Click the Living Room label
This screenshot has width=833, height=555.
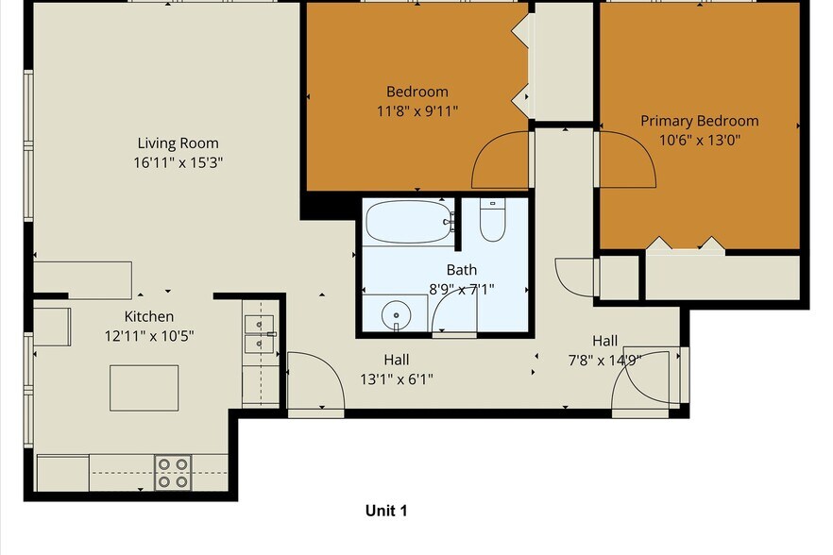[178, 143]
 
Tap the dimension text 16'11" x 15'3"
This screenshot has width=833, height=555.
[178, 161]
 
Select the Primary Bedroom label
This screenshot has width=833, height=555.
[699, 121]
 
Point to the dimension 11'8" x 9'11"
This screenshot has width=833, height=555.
[416, 109]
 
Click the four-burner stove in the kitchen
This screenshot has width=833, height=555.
[173, 472]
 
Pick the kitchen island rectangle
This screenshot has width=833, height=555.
[144, 387]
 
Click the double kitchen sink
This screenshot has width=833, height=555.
[258, 334]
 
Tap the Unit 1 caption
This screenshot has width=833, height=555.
[385, 511]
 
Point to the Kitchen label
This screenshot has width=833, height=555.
[149, 316]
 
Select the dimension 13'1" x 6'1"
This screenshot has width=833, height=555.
[396, 379]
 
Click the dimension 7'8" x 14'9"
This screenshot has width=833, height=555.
[604, 359]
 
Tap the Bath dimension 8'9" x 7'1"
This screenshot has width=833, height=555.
[462, 289]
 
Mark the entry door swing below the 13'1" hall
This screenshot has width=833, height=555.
[315, 382]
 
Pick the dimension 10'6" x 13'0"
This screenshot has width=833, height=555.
[699, 140]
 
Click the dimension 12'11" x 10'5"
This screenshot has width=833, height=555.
[149, 334]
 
